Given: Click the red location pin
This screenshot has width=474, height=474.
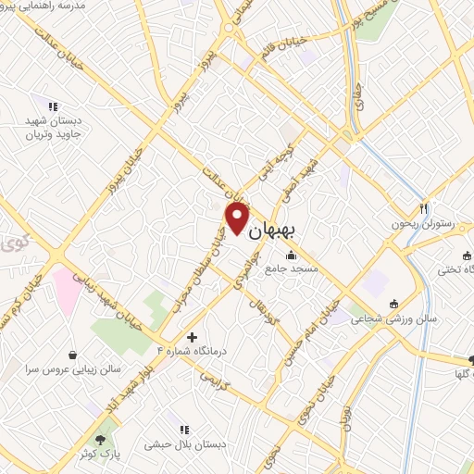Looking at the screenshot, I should pyautogui.click(x=237, y=218).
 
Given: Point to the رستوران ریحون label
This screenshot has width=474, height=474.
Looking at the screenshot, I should pyautogui.click(x=411, y=224).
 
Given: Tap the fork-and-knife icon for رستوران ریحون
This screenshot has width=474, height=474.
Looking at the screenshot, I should pyautogui.click(x=423, y=208).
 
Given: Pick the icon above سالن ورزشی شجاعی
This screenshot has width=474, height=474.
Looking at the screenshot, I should pyautogui.click(x=394, y=303).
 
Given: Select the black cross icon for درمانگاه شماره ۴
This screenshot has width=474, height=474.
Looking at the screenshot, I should pyautogui.click(x=192, y=337).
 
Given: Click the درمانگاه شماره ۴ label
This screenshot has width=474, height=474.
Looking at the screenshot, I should pyautogui.click(x=193, y=352).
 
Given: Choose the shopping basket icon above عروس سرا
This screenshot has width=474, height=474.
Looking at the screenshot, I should pyautogui.click(x=73, y=354).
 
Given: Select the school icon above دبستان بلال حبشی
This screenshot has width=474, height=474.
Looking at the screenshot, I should pyautogui.click(x=184, y=430).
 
